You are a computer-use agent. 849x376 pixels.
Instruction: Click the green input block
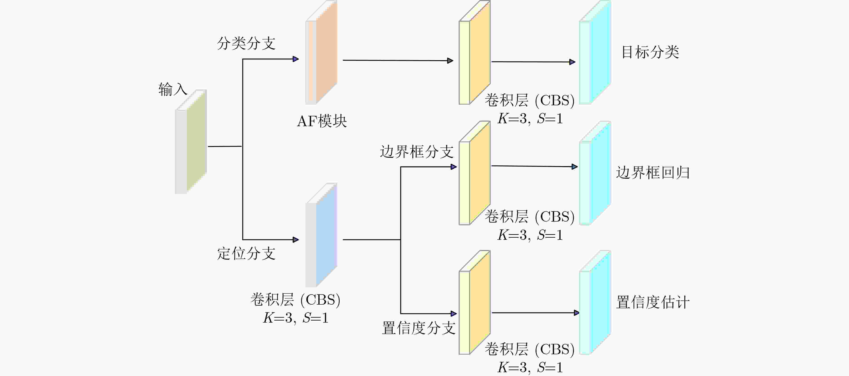[x=191, y=141]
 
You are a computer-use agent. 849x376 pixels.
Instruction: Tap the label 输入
[x=173, y=89]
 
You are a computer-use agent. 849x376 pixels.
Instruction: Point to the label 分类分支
[x=246, y=43]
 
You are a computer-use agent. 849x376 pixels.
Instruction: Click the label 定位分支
[x=246, y=253]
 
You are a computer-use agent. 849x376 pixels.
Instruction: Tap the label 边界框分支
[x=417, y=152]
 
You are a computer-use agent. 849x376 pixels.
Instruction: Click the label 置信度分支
[x=419, y=328]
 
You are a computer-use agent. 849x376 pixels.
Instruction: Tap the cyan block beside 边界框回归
[x=595, y=173]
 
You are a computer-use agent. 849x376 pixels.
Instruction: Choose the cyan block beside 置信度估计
[x=595, y=303]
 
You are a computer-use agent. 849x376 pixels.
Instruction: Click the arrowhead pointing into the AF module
[x=296, y=59]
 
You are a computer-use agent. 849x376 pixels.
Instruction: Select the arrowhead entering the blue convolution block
[x=296, y=240]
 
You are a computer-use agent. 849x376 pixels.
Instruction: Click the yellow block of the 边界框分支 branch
[x=475, y=173]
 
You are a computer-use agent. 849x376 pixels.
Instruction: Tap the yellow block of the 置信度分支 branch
[x=475, y=303]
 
